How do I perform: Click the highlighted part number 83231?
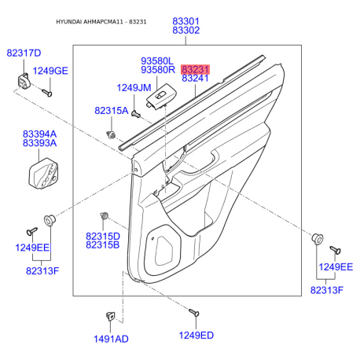coord(195,69)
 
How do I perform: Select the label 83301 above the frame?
coord(186,21)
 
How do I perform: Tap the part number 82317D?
coord(24,53)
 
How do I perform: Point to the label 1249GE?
coord(50,71)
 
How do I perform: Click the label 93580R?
coord(158,70)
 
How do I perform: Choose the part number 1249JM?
coord(134,88)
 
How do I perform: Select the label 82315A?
coord(112,111)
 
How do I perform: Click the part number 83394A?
coord(39,134)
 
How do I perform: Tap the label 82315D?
coord(103,237)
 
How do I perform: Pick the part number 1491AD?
coord(111,339)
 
